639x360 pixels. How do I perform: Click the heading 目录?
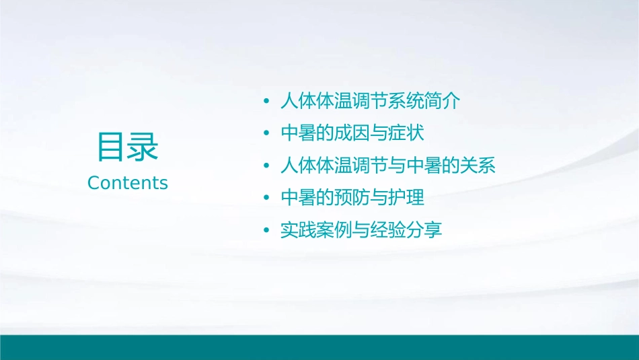[128, 147]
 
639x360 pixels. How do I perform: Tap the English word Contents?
[128, 183]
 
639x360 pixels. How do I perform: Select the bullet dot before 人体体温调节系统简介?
[267, 102]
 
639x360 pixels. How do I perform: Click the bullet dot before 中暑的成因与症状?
[267, 134]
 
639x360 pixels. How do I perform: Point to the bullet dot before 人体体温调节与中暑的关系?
[267, 166]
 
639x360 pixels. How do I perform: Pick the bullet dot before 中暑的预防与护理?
[267, 199]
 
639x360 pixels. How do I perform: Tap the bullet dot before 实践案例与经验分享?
[267, 231]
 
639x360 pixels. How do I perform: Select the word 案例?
[334, 231]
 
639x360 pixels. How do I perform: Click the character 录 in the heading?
[143, 147]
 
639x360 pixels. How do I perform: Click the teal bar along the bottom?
[319, 347]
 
